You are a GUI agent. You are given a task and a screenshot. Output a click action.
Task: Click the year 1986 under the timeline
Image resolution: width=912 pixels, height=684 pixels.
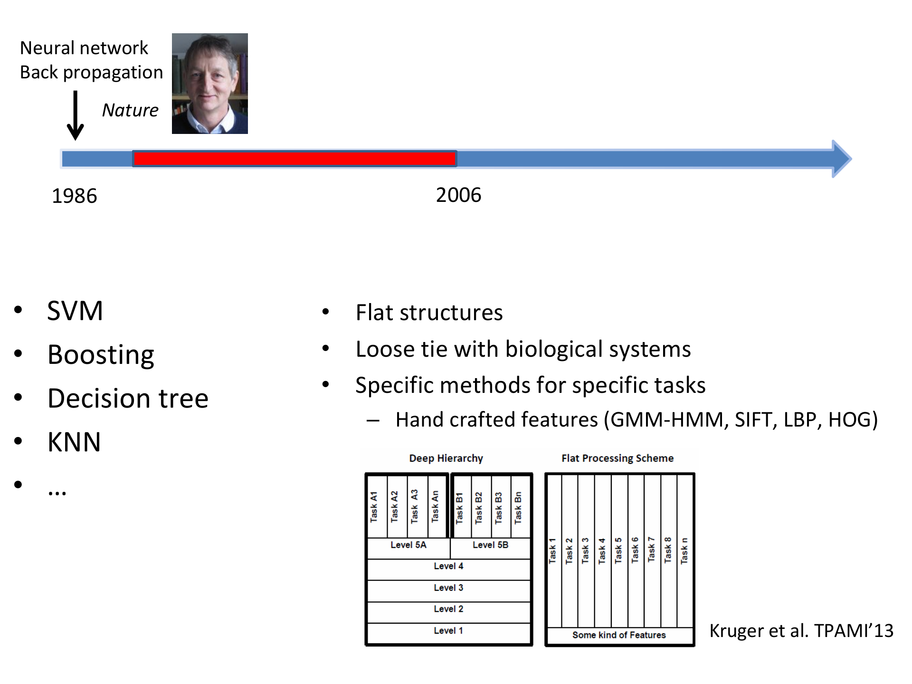[75, 196]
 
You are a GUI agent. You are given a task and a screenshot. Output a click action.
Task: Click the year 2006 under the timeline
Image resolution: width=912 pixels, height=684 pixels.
[458, 195]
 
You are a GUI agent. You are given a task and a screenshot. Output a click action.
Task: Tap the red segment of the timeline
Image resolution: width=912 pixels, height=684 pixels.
[294, 159]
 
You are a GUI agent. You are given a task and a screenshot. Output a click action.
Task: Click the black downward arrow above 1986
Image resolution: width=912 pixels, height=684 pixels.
[75, 115]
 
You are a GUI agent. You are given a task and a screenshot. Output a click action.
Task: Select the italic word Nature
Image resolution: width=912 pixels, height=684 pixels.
[130, 110]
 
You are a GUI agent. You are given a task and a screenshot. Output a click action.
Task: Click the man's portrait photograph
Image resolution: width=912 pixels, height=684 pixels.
[210, 84]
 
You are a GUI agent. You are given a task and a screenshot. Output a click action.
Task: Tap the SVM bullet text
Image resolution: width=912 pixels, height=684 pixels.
[75, 311]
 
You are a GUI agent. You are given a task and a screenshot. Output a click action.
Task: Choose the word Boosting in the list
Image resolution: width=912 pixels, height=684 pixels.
[101, 355]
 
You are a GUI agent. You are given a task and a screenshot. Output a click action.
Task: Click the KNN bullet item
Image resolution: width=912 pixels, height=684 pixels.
[74, 442]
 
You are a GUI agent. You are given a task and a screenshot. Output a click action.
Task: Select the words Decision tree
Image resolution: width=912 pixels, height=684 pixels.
[128, 398]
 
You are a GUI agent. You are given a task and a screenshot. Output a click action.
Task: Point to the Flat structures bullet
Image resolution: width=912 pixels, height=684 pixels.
[429, 313]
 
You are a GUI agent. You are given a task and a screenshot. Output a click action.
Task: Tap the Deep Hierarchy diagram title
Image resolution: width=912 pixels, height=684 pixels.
[446, 458]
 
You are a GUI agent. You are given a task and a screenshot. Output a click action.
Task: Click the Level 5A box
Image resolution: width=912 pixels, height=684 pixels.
[408, 548]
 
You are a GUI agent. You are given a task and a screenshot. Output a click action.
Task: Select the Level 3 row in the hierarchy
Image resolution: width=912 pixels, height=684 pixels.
[448, 590]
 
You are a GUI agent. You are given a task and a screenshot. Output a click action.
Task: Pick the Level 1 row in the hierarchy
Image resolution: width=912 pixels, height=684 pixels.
[448, 633]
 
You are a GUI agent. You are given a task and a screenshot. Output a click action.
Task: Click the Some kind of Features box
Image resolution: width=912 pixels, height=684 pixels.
[619, 636]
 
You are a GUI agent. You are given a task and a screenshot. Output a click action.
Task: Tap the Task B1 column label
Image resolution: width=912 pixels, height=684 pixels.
[459, 508]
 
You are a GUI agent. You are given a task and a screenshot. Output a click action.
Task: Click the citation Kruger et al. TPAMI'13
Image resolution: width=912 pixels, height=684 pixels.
[801, 631]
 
